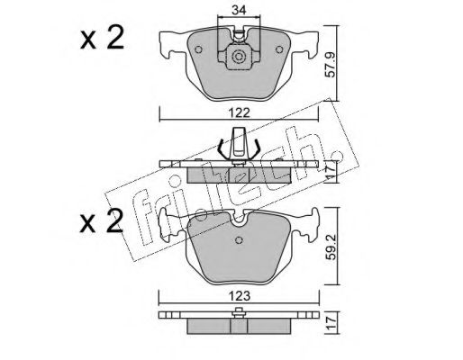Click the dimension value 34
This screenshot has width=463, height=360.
[240, 10]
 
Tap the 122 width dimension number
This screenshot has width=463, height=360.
[239, 113]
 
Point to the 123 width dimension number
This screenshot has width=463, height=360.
[239, 296]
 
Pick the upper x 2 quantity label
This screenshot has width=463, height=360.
[102, 38]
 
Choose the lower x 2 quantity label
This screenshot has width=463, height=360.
[102, 221]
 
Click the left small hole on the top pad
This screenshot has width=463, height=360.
[198, 49]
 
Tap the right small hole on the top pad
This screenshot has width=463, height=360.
[279, 49]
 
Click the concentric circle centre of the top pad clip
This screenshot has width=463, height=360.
[239, 57]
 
